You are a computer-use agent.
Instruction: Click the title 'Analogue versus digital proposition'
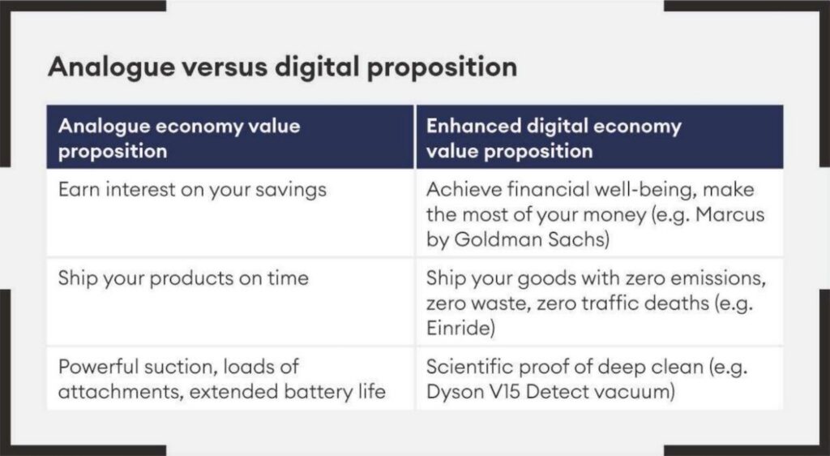pyautogui.click(x=282, y=67)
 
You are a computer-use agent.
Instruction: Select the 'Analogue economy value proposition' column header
pyautogui.click(x=179, y=138)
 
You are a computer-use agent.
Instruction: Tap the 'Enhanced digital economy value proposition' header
pyautogui.click(x=553, y=138)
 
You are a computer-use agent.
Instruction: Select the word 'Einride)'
pyautogui.click(x=460, y=329)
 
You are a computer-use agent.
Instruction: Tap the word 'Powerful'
pyautogui.click(x=96, y=367)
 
